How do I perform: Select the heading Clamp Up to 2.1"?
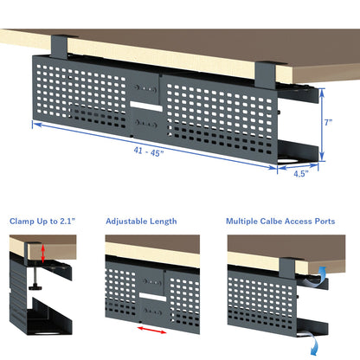coord(42,221)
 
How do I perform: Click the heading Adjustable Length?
coord(141,221)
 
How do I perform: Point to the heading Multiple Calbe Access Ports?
coord(280,221)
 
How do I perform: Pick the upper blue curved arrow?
coord(322,275)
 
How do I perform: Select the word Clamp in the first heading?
coord(22,221)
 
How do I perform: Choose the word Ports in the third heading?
coord(325,221)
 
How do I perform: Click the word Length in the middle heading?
coord(162,221)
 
